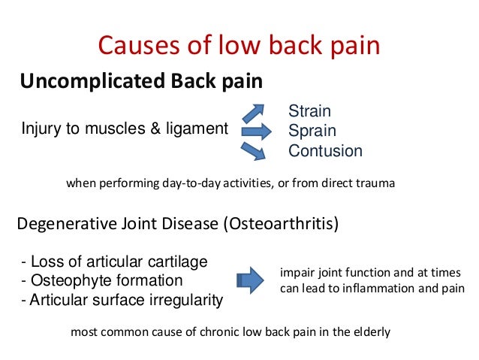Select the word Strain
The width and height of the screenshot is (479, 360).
[310, 112]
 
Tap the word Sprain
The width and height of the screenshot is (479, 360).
[311, 131]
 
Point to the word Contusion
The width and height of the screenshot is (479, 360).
[325, 150]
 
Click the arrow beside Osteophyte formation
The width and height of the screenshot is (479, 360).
[250, 280]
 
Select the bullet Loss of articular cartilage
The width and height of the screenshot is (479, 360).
[114, 262]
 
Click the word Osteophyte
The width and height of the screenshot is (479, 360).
[65, 280]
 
